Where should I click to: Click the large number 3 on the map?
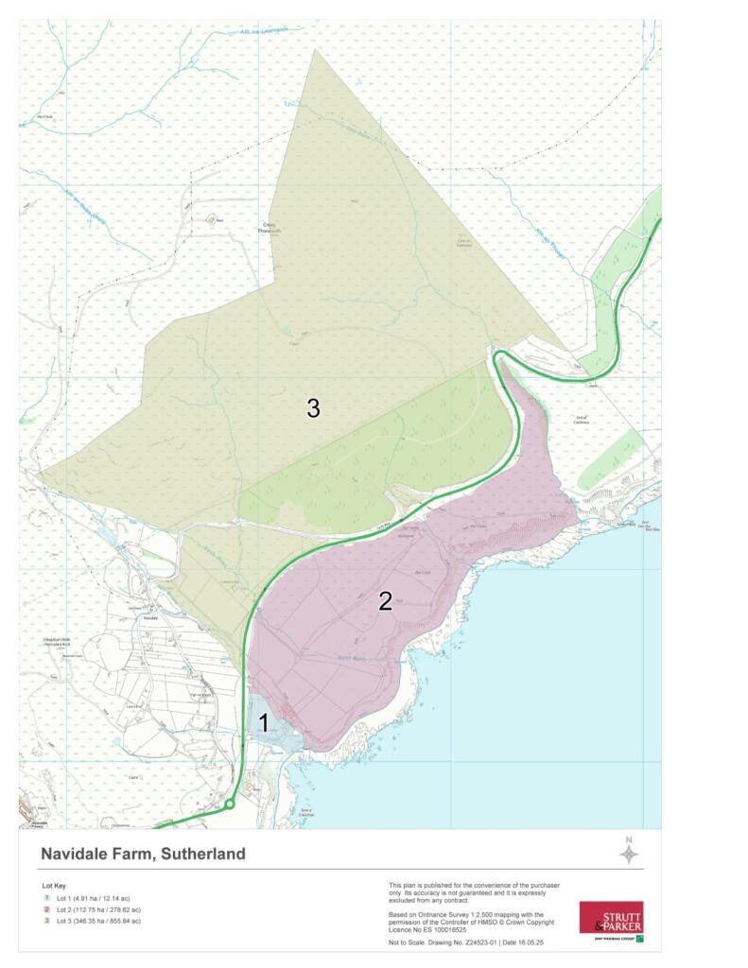pyautogui.click(x=313, y=408)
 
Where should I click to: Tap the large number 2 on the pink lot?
pyautogui.click(x=385, y=601)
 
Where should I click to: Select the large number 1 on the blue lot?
pyautogui.click(x=264, y=724)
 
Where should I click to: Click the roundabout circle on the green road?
pyautogui.click(x=229, y=804)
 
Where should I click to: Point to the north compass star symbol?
pyautogui.click(x=628, y=854)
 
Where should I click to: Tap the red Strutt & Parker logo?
pyautogui.click(x=611, y=918)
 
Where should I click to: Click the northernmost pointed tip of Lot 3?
pyautogui.click(x=315, y=50)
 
